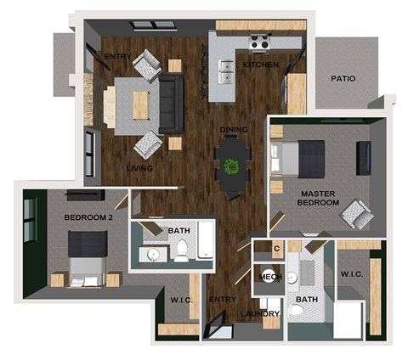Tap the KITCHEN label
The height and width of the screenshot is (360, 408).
(259, 65)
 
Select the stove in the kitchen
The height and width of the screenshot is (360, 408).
(259, 42)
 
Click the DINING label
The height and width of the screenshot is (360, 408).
(234, 130)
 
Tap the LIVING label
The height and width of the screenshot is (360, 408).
(139, 168)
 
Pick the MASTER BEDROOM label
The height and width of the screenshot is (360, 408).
(319, 199)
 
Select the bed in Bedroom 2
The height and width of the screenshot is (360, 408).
(86, 256)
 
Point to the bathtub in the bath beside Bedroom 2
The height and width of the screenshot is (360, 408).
(204, 240)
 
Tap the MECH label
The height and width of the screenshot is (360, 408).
(270, 278)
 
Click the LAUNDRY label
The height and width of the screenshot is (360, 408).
(260, 314)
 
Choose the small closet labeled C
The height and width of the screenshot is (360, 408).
(277, 249)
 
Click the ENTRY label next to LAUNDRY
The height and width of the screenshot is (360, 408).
(222, 299)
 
